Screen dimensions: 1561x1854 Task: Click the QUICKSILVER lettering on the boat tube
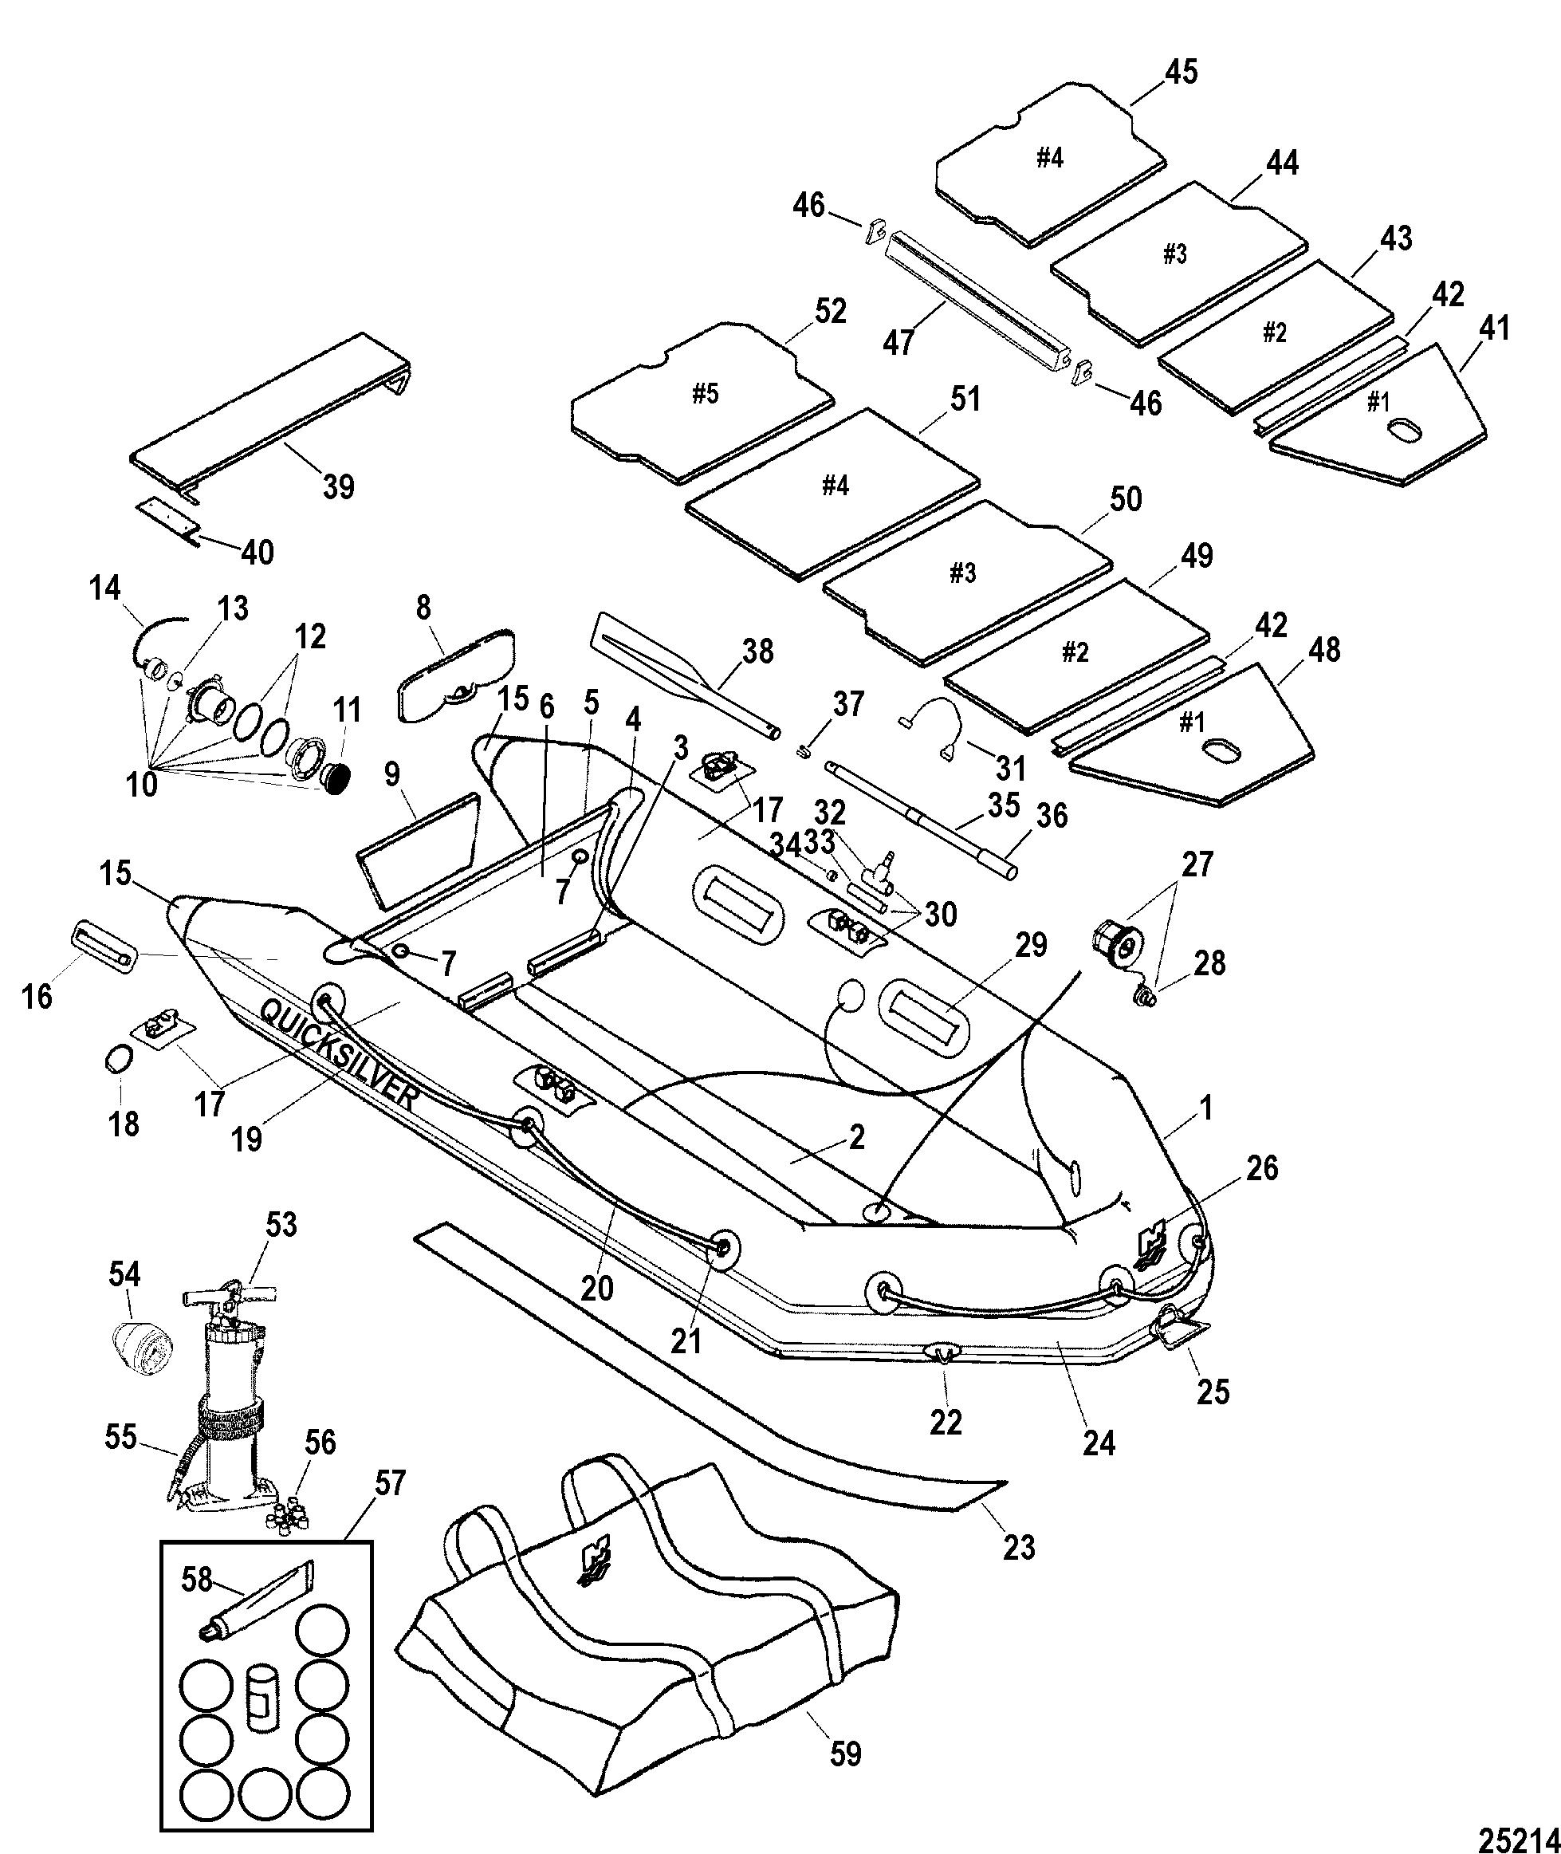(x=339, y=1053)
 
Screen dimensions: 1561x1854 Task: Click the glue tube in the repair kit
(x=256, y=1602)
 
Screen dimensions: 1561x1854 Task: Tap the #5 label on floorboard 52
(x=705, y=394)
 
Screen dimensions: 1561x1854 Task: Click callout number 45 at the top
(x=1180, y=72)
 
